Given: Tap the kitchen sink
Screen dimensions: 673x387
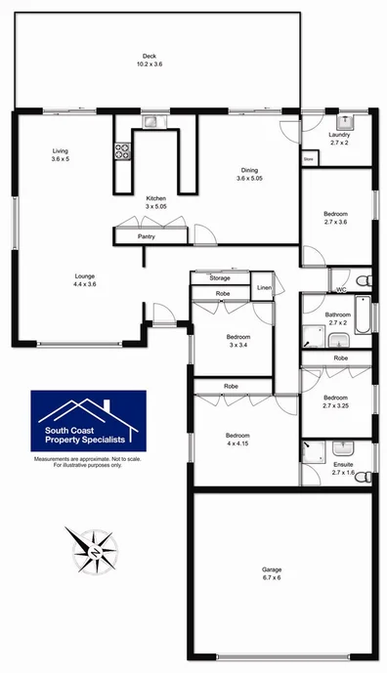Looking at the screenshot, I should coord(150,122).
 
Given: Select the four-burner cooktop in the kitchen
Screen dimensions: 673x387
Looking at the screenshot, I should coord(124,151).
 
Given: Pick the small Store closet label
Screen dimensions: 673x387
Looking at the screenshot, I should coord(309,156).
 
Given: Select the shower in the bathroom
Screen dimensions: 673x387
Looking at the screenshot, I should coord(314,337).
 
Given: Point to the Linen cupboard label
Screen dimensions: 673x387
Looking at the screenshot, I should coord(264,288).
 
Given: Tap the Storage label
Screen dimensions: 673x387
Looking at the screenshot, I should coord(220,278).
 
